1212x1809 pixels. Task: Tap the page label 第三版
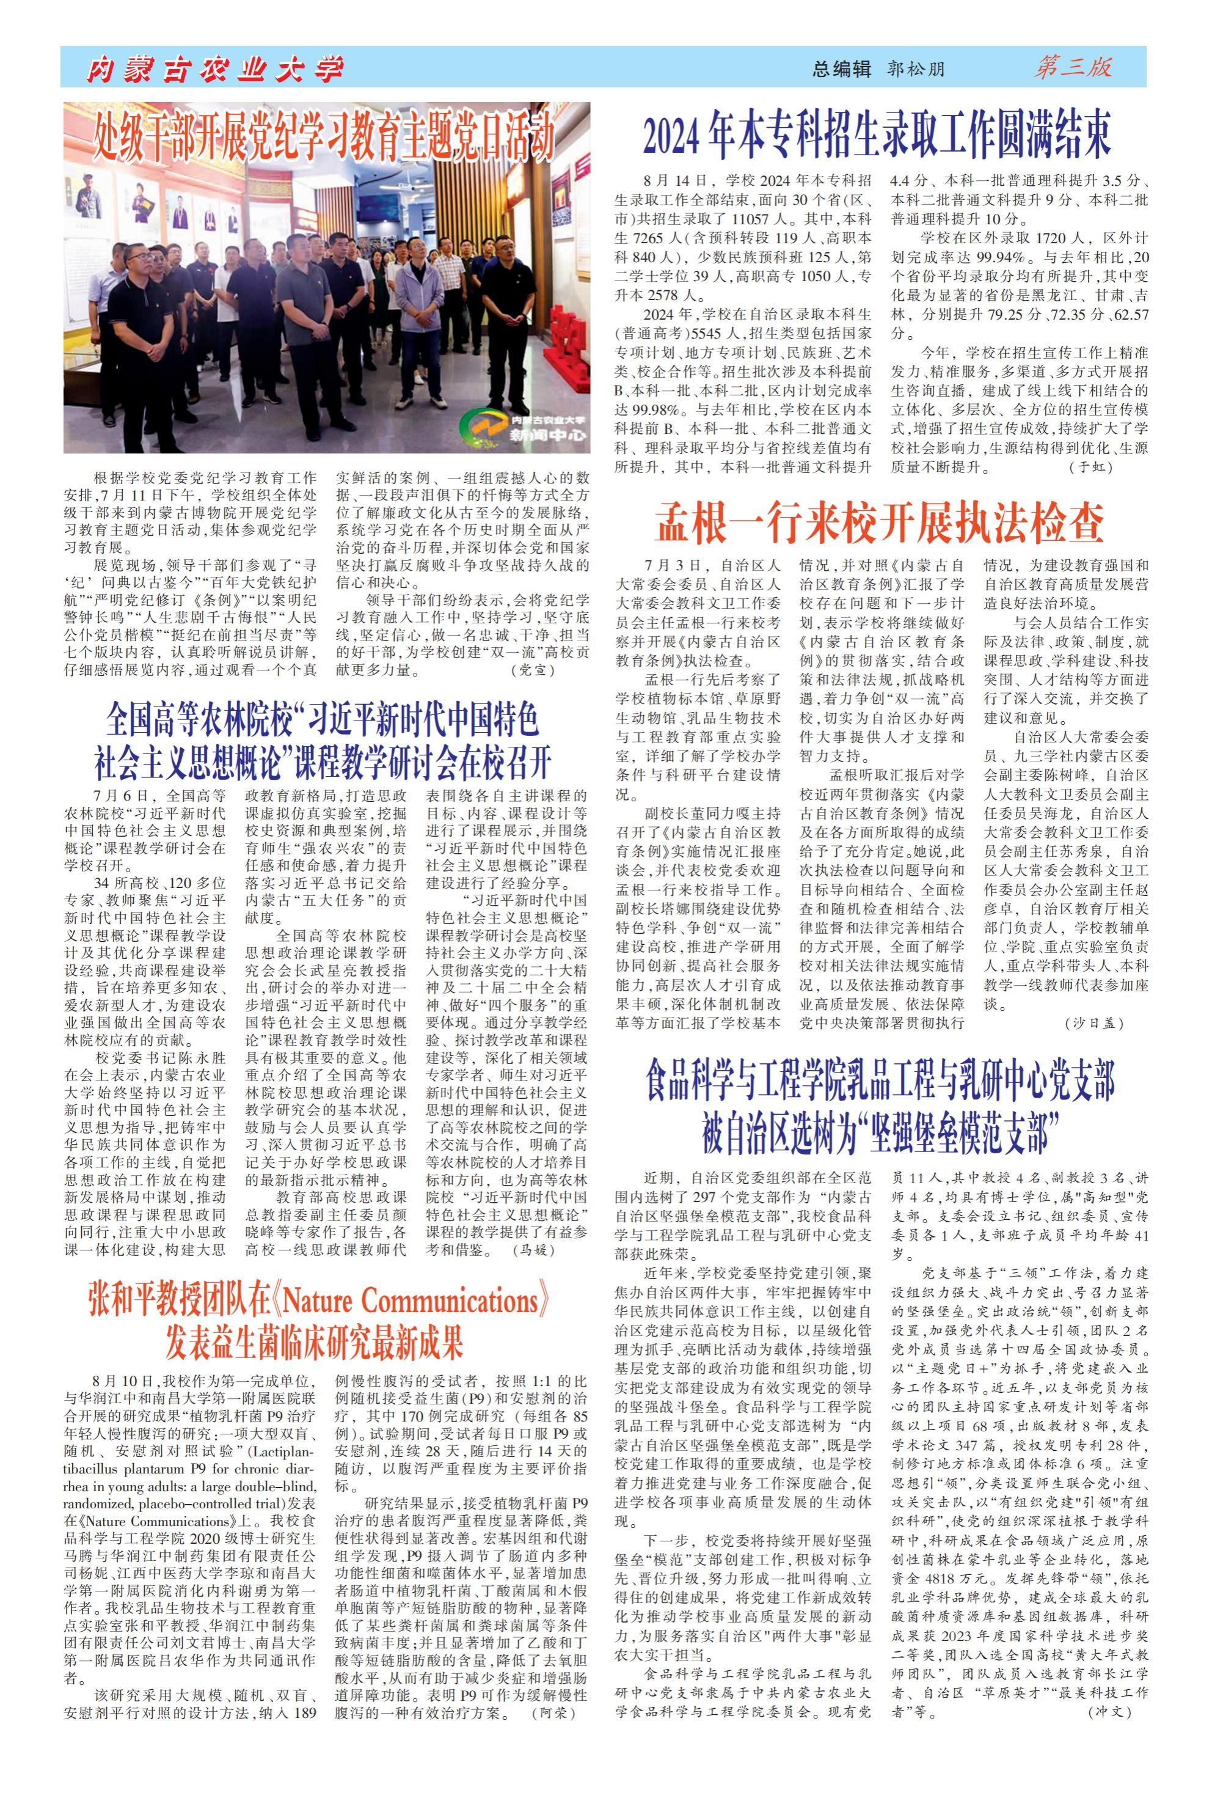coord(1073,68)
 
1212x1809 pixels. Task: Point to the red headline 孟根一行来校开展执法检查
coord(879,523)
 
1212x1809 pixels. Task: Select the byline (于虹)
coord(1090,468)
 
